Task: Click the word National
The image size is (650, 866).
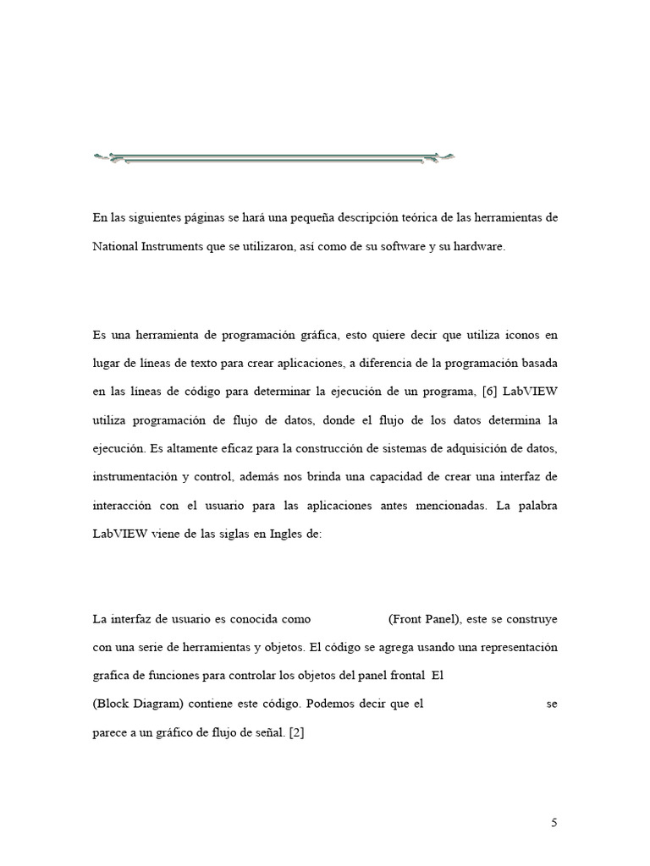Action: pos(116,246)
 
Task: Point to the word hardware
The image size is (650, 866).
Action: pos(479,246)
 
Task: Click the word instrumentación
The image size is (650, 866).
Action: pos(135,477)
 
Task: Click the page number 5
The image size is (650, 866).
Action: pos(554,822)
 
